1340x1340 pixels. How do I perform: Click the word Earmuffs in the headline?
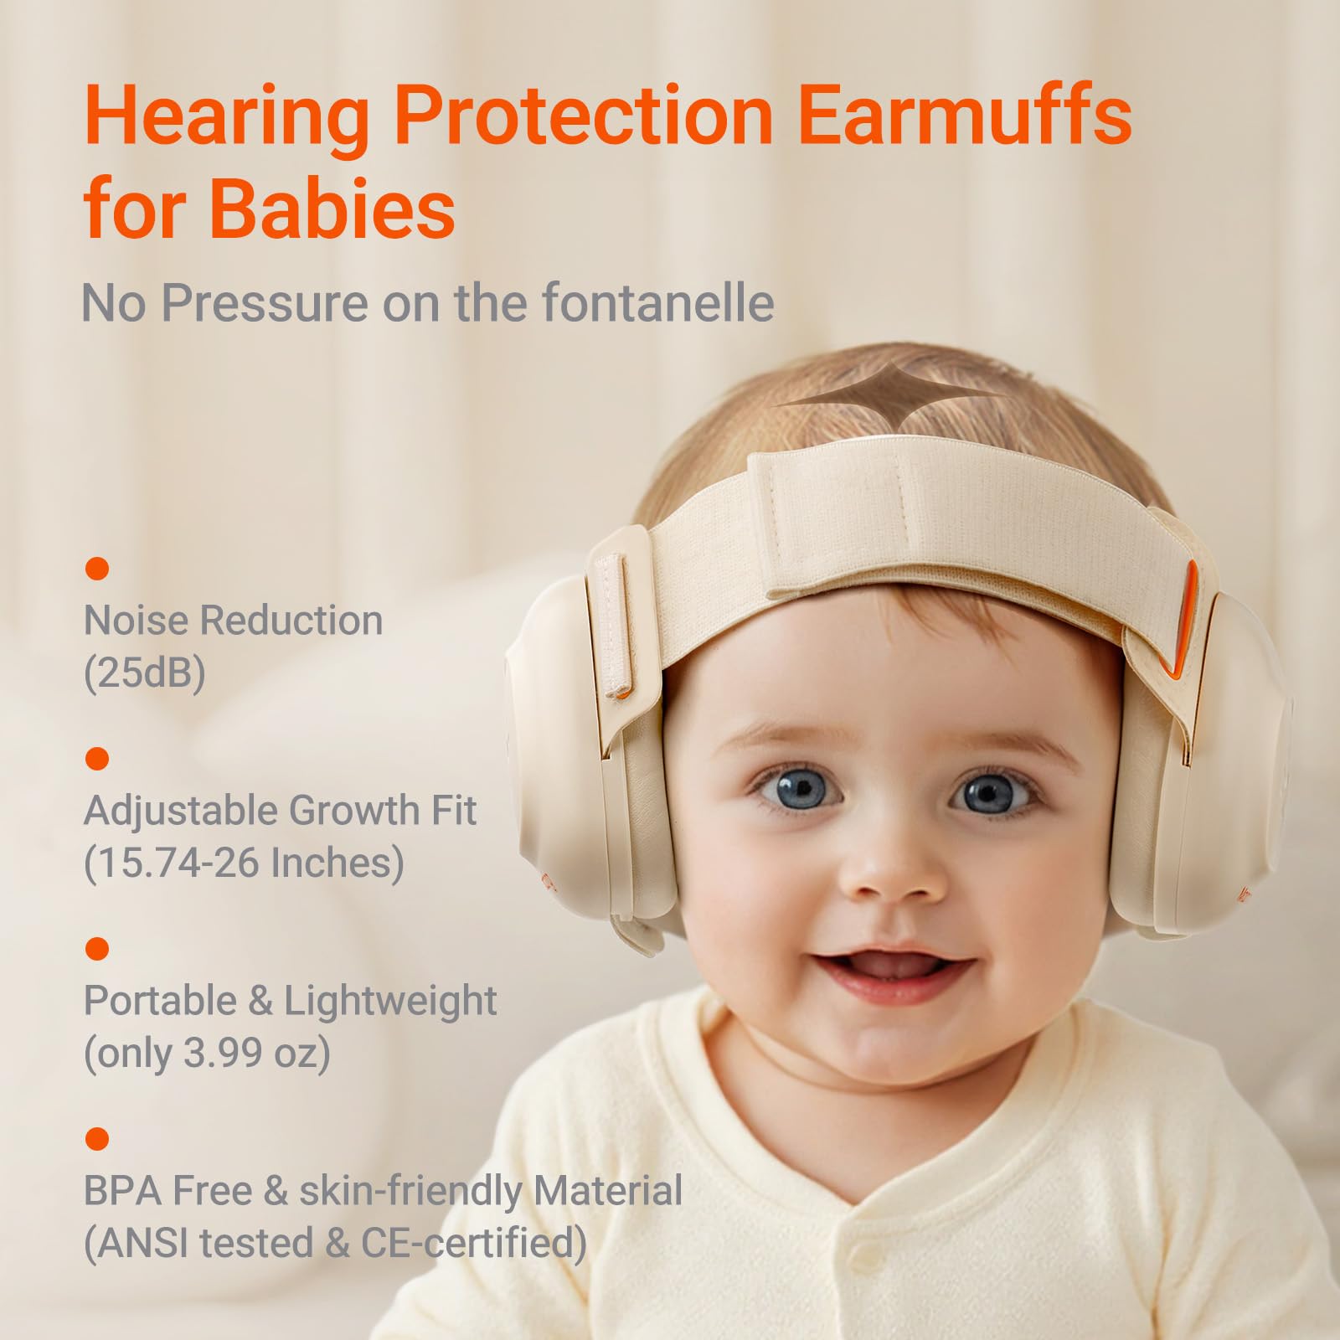(x=964, y=116)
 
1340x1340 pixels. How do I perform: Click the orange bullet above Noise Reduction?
(x=97, y=569)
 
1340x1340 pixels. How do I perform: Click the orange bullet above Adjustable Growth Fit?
(x=97, y=759)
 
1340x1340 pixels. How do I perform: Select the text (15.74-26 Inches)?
(x=244, y=862)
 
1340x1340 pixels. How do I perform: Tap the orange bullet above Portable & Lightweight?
(x=97, y=949)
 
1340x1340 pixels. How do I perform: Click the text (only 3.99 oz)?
(x=207, y=1052)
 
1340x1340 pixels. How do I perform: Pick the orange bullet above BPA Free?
(x=97, y=1139)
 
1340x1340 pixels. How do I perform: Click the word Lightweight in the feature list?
(x=390, y=1000)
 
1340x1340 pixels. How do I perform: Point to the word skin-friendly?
(x=411, y=1190)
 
